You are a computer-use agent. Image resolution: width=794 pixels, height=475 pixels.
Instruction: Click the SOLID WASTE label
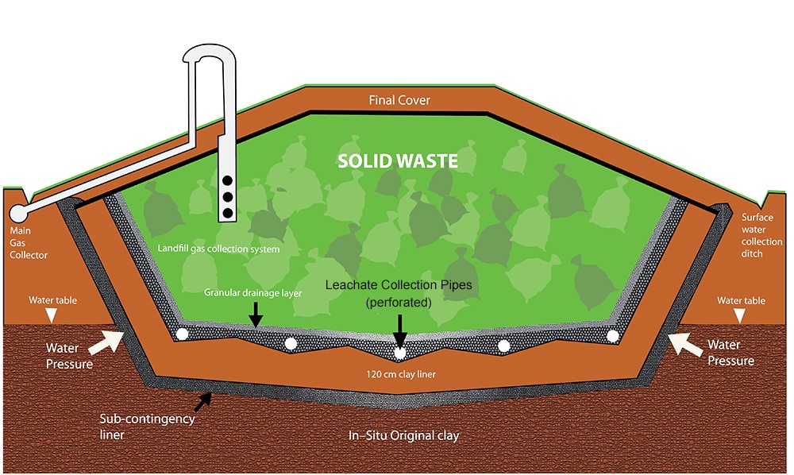click(x=398, y=161)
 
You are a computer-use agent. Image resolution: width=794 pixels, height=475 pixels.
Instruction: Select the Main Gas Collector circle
click(x=18, y=213)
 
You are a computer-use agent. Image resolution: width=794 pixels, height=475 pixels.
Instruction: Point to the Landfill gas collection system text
click(x=218, y=249)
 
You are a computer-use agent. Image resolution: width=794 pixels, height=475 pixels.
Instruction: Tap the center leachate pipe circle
click(x=400, y=353)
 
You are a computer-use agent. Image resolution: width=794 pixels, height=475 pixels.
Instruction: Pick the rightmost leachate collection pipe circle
click(x=612, y=335)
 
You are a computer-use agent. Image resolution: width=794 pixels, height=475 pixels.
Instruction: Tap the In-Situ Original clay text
click(x=405, y=436)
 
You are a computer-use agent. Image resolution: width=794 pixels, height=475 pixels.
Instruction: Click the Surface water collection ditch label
click(x=761, y=236)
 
